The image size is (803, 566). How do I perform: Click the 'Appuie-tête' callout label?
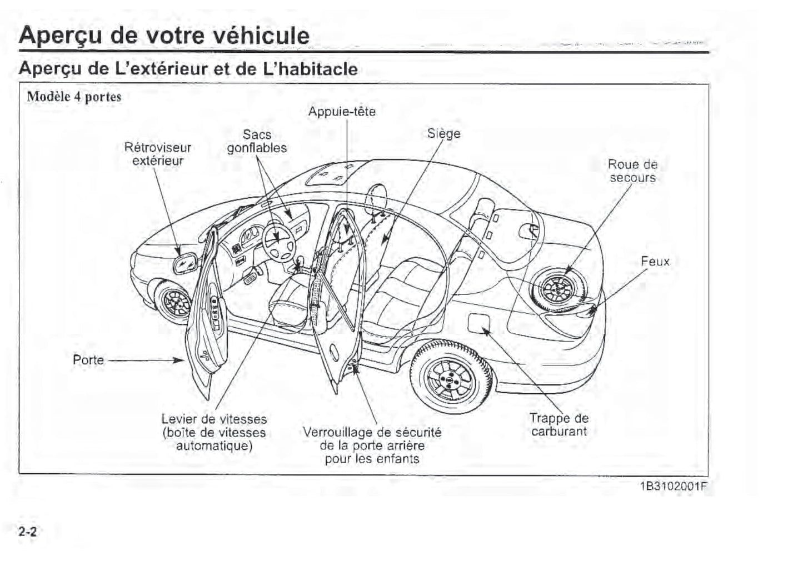click(342, 112)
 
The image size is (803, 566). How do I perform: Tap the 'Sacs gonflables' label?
click(257, 142)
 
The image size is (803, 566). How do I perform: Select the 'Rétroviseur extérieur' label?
click(158, 154)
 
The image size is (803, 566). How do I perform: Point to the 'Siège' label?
click(443, 134)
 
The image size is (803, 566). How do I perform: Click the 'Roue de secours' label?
click(632, 171)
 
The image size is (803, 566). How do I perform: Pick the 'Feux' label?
click(655, 262)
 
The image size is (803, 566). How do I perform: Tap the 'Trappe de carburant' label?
click(558, 425)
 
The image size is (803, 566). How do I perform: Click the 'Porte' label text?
click(88, 360)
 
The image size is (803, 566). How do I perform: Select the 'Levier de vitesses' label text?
click(214, 419)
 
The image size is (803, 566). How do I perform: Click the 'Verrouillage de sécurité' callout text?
click(372, 432)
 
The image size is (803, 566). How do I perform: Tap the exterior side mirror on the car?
click(185, 262)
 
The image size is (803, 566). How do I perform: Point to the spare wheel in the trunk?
click(558, 289)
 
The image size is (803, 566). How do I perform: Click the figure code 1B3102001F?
click(674, 487)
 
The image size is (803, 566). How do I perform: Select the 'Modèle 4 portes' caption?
click(74, 97)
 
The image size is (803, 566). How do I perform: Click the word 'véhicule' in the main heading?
click(255, 36)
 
